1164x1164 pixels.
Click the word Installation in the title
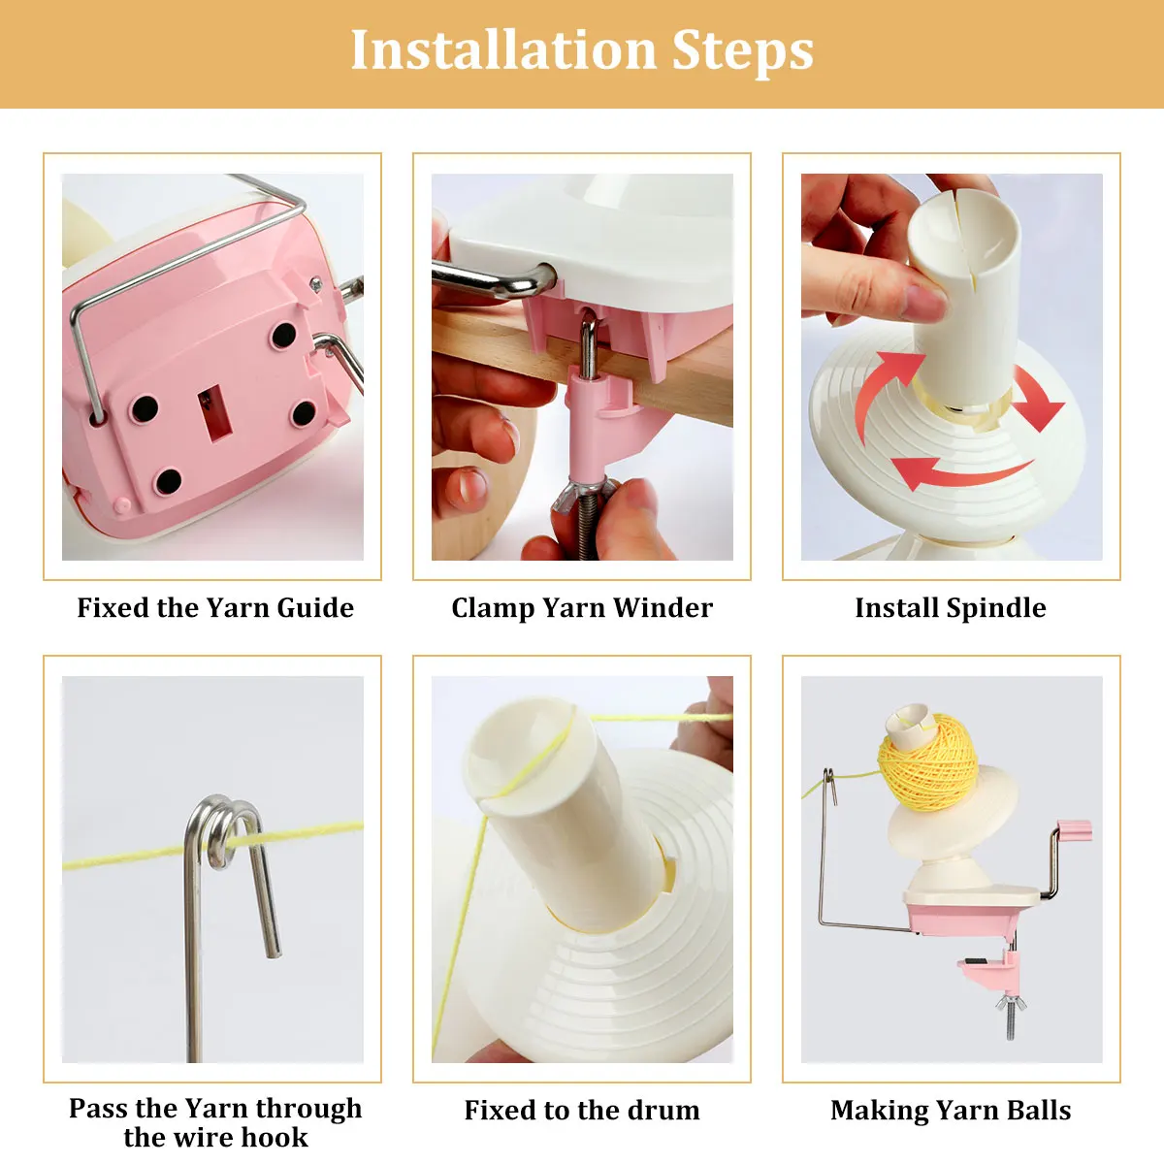503,49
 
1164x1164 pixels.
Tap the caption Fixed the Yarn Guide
215,607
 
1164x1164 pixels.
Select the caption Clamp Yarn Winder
582,607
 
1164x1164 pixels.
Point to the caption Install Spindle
951,607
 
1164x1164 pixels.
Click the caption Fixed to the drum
582,1111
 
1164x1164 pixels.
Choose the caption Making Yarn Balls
951,1111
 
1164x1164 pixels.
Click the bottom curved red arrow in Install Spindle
960,471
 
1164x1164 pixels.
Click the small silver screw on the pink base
314,282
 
